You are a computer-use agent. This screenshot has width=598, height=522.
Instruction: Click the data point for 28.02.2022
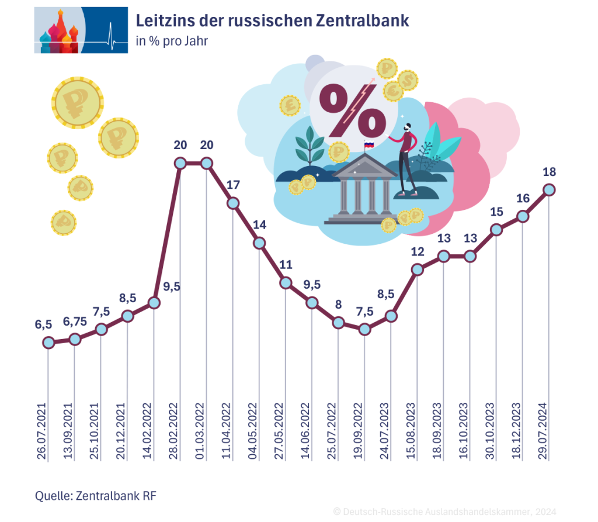coord(180,163)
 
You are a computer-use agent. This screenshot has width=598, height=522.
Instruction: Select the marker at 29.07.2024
coord(549,189)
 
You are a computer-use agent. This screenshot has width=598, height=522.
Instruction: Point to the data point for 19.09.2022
coord(364,329)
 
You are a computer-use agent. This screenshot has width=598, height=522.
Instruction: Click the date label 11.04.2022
coord(232,431)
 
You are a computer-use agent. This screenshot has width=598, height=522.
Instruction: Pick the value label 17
coord(233,185)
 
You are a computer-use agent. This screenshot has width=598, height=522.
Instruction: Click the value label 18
coord(549,172)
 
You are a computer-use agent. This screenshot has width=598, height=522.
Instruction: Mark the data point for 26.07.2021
coord(48,343)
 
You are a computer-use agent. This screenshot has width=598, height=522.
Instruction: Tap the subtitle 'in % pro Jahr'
coord(171,42)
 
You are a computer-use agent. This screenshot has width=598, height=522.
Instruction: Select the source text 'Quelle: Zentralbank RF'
coord(96,496)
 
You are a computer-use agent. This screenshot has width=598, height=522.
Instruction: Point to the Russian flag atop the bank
coord(369,144)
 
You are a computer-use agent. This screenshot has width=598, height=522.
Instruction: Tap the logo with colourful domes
coord(81,30)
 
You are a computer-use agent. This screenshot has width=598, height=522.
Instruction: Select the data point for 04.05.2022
coord(259,243)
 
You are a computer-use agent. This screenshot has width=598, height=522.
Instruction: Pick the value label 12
coord(417,252)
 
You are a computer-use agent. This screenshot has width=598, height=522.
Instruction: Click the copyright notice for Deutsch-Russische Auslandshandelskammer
coord(444,511)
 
